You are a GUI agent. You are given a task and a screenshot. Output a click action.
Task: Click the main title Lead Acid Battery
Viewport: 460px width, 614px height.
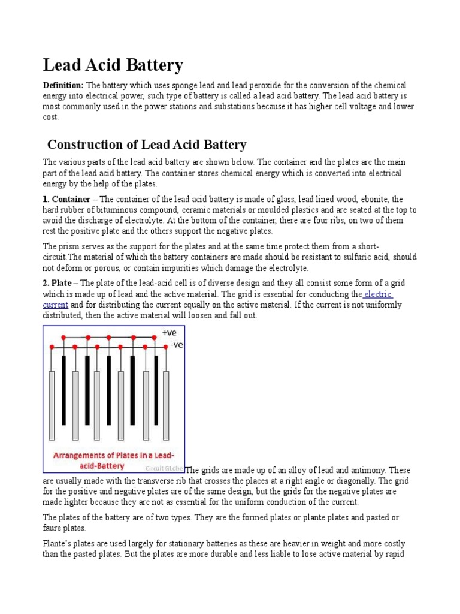[113, 65]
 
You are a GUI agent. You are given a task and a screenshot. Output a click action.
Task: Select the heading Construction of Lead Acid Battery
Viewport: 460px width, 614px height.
[147, 145]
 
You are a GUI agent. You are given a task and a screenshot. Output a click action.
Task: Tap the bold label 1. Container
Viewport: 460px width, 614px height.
[66, 199]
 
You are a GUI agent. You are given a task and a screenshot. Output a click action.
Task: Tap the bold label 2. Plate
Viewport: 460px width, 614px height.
[60, 284]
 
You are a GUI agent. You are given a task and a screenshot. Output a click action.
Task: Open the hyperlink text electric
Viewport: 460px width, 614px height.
[378, 294]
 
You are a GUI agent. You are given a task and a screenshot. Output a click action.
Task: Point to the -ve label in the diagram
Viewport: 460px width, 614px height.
[176, 345]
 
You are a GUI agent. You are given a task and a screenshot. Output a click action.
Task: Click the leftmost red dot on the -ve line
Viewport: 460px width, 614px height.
[52, 347]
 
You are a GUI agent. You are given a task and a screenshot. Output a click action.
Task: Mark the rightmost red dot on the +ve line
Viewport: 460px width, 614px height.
[156, 337]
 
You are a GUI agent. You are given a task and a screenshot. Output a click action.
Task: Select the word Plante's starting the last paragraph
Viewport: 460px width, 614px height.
[58, 544]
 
